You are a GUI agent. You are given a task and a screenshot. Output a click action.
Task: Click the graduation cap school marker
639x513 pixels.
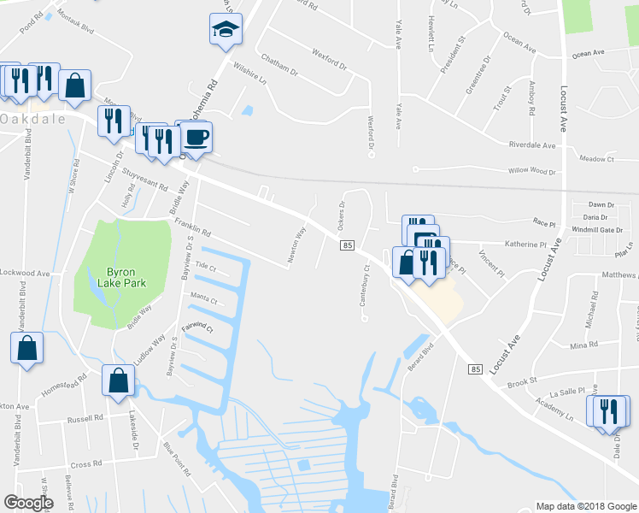point(226,30)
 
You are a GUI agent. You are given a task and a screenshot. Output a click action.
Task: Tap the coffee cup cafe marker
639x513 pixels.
point(196,138)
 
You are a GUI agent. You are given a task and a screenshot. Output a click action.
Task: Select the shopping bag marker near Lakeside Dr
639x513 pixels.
point(118,381)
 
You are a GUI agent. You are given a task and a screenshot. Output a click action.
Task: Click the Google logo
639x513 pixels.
point(29,503)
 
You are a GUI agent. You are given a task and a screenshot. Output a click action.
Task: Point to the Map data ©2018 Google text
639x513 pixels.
point(585,506)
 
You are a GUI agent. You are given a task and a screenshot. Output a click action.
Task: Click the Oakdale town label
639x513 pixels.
point(33,119)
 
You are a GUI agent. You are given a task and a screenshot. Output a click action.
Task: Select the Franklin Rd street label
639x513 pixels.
point(192,226)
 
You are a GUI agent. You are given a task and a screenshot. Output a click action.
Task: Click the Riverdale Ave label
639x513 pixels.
point(531,145)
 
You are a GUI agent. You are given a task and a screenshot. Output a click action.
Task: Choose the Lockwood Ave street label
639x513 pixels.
point(26,273)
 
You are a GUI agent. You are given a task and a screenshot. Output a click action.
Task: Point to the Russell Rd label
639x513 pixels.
point(85,420)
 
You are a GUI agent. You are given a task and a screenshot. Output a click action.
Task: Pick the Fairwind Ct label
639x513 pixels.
point(196,327)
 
